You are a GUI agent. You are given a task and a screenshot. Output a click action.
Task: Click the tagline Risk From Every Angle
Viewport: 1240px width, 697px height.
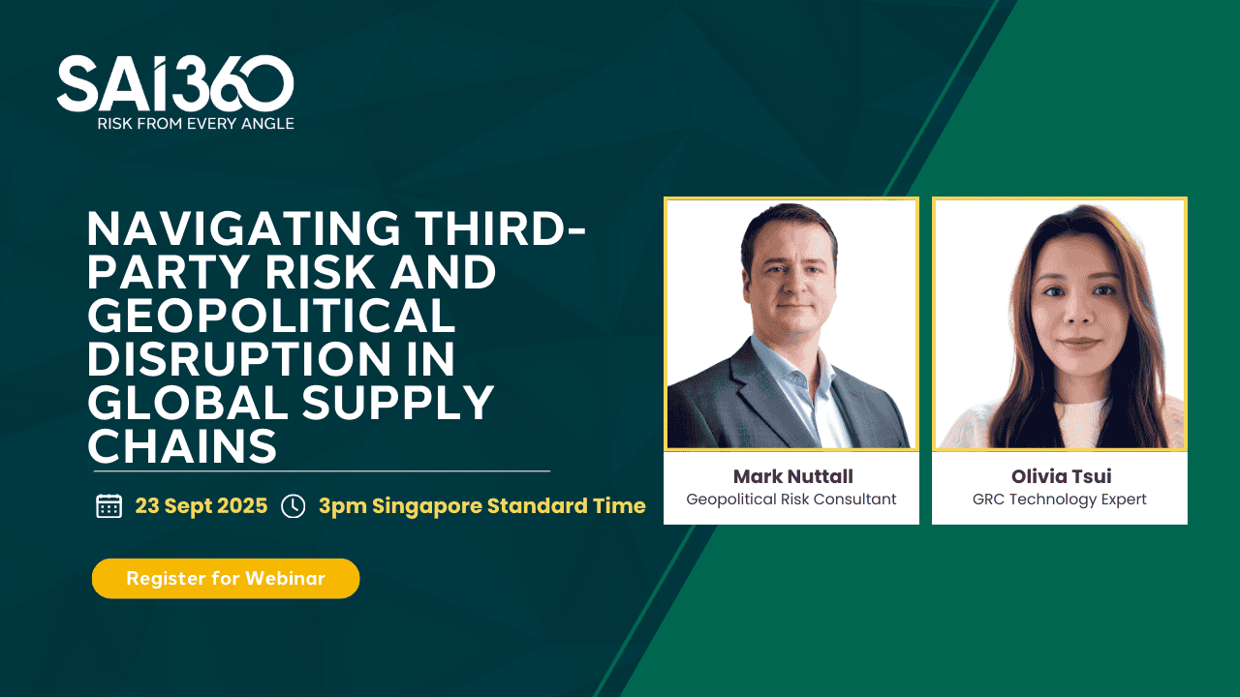pos(196,123)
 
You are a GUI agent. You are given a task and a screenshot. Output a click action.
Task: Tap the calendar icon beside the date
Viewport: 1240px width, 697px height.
pos(109,505)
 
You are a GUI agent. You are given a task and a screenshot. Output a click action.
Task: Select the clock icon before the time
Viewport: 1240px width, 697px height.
pos(293,506)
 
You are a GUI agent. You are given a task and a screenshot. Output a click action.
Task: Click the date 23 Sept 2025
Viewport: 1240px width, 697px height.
pos(201,505)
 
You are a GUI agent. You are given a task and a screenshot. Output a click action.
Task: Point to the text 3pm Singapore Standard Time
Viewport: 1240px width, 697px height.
pos(482,506)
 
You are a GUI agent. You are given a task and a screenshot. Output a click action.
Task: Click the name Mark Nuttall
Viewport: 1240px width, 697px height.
pos(792,476)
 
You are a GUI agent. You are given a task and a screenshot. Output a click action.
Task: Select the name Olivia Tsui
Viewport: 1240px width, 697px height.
pos(1061,476)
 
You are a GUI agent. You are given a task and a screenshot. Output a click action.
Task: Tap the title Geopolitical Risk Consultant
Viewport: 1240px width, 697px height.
pos(791,499)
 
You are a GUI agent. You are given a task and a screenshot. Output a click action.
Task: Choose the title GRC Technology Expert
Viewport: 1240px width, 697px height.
pos(1060,500)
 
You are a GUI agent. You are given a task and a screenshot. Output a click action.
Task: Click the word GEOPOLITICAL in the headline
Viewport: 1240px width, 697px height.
pos(271,316)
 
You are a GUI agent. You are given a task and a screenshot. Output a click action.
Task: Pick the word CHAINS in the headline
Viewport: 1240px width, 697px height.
pos(182,446)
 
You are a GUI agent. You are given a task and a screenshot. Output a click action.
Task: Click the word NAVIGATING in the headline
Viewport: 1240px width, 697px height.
pos(244,227)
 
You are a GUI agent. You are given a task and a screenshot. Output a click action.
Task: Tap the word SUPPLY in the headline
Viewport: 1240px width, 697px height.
pos(397,403)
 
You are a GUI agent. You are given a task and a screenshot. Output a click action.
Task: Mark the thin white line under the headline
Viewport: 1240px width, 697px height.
pos(322,471)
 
